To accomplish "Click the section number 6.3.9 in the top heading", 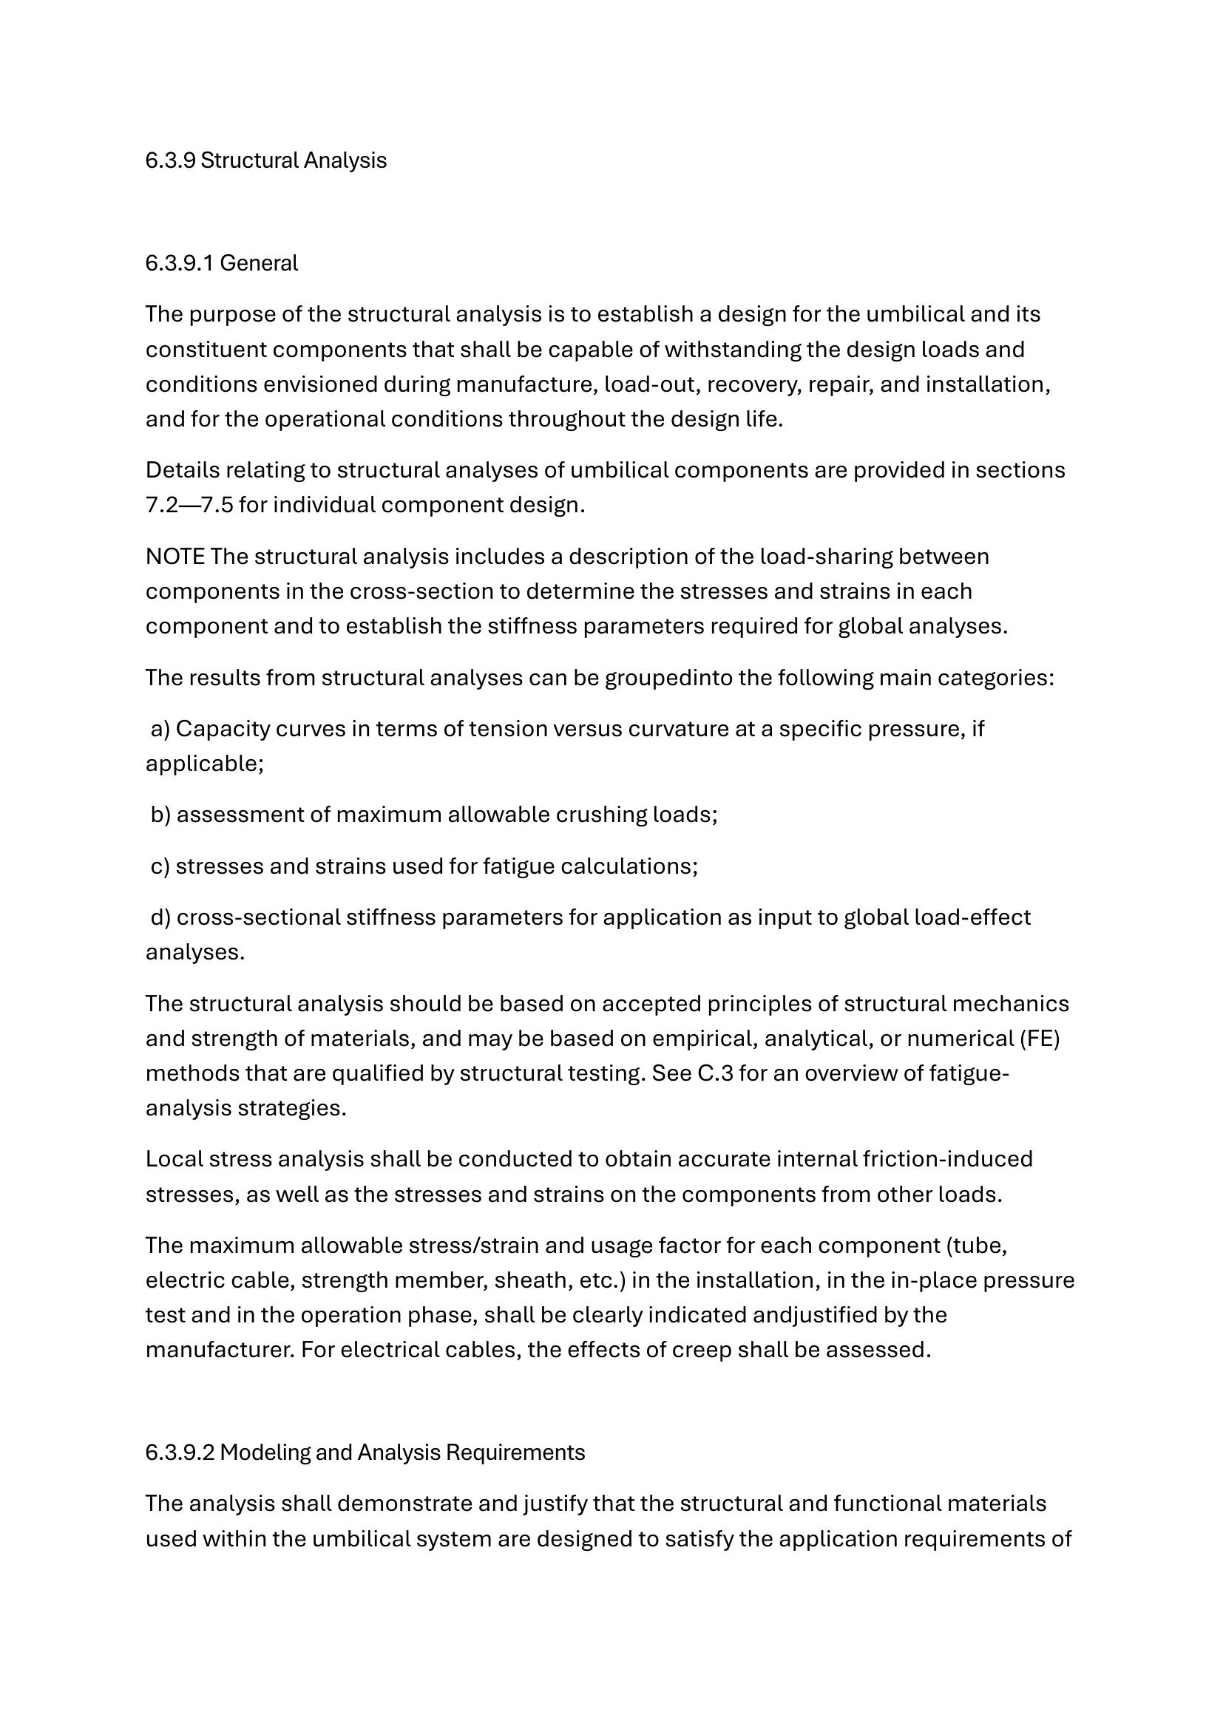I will (170, 160).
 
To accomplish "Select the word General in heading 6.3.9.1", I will (258, 263).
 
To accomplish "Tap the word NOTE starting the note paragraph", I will (175, 557).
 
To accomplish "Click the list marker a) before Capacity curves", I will (160, 729).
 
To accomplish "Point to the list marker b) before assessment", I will (160, 815).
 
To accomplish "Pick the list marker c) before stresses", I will (160, 867).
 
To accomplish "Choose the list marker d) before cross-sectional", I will (160, 917).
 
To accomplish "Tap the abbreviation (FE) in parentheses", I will (1040, 1039).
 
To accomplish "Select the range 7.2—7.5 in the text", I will (189, 505).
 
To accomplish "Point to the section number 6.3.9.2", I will (179, 1452).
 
